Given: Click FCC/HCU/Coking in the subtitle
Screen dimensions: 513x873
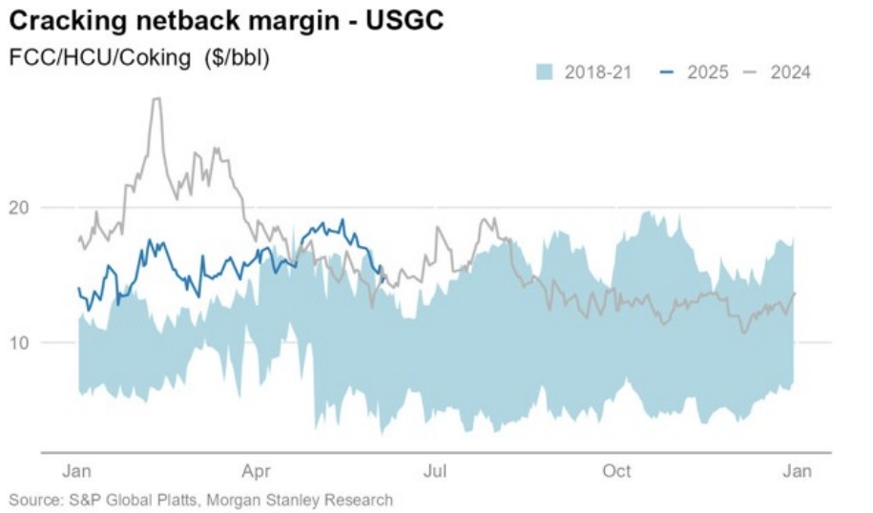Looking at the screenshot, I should [x=97, y=56].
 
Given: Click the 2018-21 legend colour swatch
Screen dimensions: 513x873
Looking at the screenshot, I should [x=545, y=72].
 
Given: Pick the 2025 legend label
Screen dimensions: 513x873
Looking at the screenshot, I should [x=707, y=72].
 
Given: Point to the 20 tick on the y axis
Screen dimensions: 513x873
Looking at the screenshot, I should [x=22, y=207].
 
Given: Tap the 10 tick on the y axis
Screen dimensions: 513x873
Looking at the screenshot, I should [x=22, y=342].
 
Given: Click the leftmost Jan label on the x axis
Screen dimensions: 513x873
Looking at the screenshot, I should [x=77, y=470].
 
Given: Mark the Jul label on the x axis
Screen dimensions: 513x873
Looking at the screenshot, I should [x=436, y=470].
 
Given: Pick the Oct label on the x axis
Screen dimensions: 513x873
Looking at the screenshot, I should [x=617, y=470].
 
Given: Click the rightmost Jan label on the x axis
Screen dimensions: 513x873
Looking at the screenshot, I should [x=797, y=470].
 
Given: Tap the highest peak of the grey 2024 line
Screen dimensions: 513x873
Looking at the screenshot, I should [x=156, y=99].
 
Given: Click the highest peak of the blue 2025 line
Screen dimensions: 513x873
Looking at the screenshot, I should [x=343, y=220].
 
